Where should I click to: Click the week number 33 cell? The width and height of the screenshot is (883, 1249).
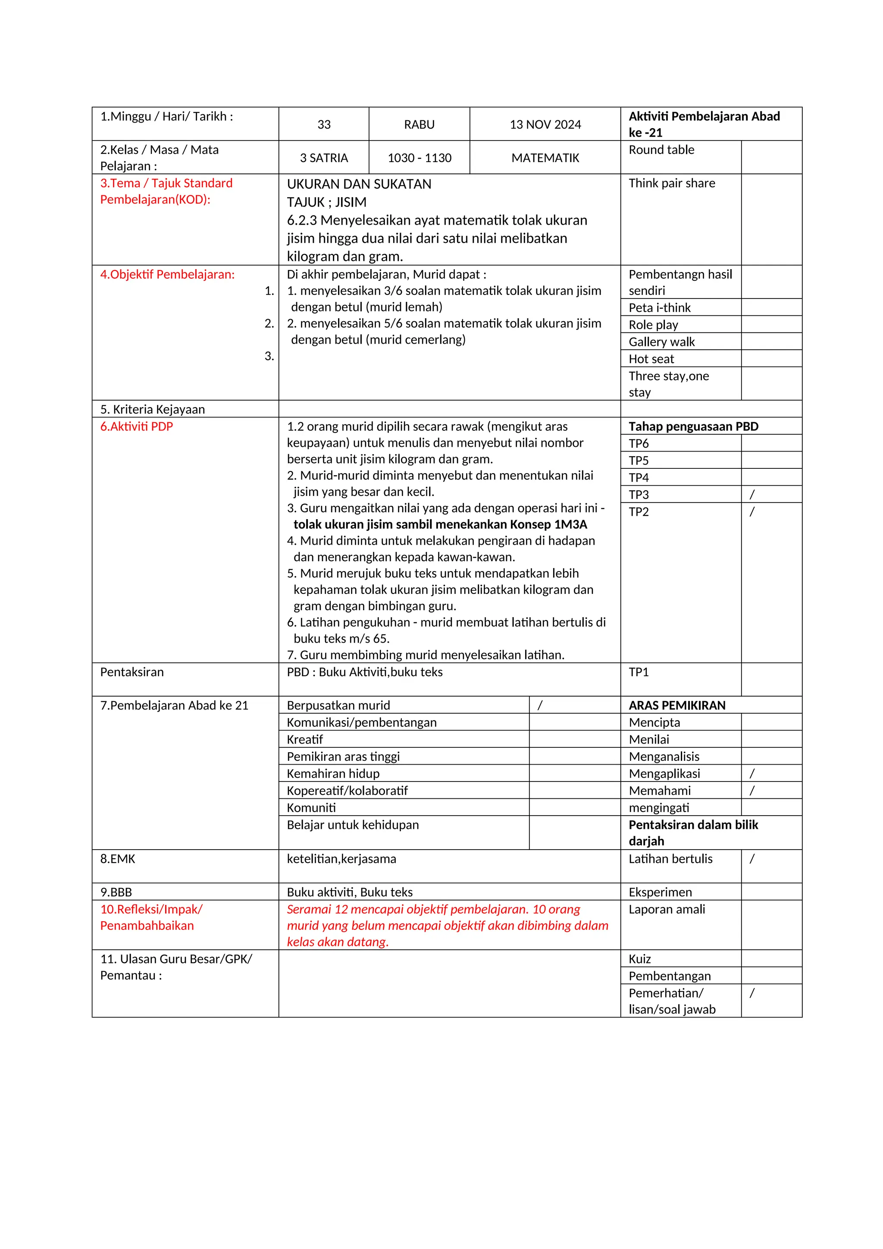[x=324, y=125]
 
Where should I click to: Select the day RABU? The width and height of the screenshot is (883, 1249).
[x=419, y=125]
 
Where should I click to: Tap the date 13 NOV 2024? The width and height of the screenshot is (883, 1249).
[x=545, y=125]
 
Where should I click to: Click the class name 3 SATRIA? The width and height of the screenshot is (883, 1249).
[x=324, y=158]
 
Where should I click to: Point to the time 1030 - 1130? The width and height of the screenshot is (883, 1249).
[x=419, y=158]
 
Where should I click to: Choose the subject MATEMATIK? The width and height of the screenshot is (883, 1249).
[x=545, y=158]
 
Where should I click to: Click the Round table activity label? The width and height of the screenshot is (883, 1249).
[x=661, y=150]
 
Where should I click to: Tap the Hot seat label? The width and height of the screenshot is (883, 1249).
[x=651, y=359]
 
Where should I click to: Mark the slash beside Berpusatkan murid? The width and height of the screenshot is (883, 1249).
[x=540, y=706]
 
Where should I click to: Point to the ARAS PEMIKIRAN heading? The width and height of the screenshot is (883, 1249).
[x=677, y=706]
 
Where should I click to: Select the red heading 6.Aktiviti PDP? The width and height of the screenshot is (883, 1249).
[x=137, y=427]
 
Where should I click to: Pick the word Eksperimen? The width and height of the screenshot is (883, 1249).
[x=660, y=892]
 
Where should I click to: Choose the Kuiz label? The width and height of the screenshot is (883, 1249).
[x=639, y=959]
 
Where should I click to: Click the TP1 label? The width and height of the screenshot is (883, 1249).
[x=639, y=672]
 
